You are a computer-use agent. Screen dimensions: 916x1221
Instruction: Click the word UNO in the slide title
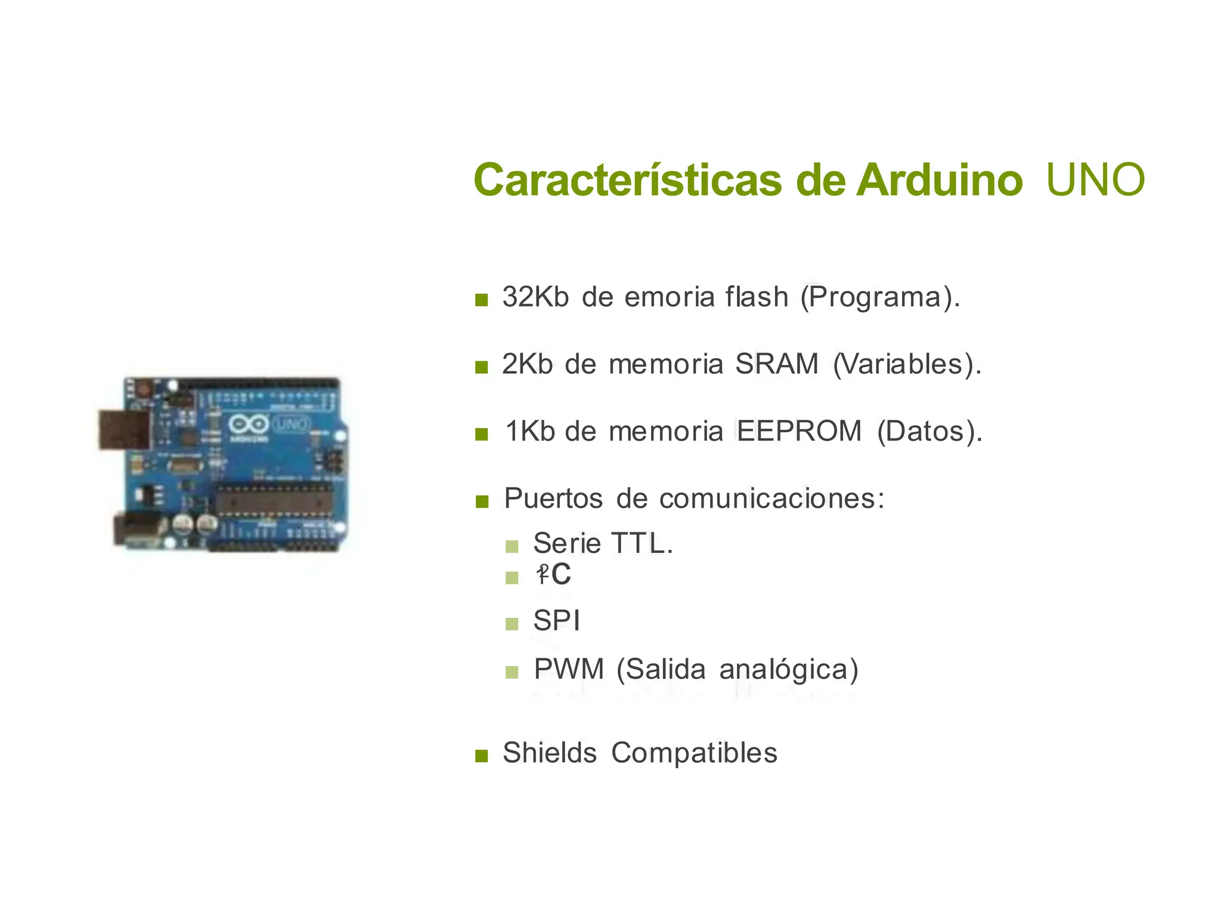coord(1095,180)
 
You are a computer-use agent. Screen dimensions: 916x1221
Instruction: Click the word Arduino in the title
coord(940,180)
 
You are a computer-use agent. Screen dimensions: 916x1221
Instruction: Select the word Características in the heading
coord(628,180)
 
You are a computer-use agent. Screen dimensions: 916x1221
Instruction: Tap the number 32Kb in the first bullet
coord(535,297)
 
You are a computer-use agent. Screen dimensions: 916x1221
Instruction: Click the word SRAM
coord(777,364)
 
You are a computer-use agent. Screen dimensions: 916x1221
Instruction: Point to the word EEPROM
coord(799,431)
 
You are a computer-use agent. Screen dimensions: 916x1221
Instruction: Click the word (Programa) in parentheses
coord(879,297)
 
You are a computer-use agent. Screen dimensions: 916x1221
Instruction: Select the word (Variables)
coord(906,364)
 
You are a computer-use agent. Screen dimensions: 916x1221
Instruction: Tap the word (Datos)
coord(929,431)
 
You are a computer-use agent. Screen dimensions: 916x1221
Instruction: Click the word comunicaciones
coord(771,499)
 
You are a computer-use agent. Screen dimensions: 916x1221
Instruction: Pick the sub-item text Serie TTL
coord(603,543)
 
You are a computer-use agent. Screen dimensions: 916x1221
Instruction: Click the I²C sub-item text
coord(554,575)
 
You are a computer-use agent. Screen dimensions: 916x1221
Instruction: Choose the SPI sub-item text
coord(556,621)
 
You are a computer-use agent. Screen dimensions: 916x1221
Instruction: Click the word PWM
coord(569,669)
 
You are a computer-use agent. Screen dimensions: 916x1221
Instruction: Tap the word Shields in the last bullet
coord(550,753)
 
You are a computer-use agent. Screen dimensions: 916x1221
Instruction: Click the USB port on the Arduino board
coord(124,429)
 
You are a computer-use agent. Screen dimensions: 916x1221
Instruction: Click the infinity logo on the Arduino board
coord(248,425)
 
